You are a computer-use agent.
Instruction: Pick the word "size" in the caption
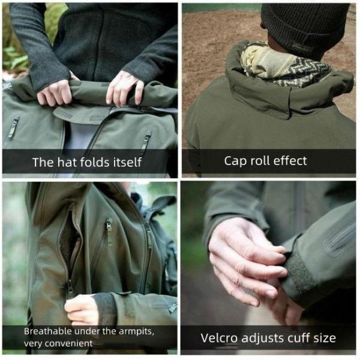(324, 337)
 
